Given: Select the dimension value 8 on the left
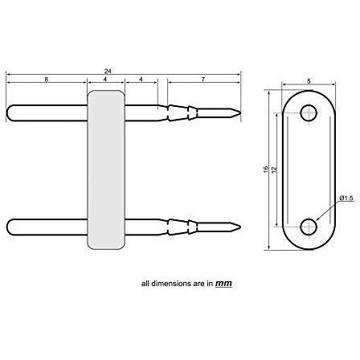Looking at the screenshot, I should click(46, 80).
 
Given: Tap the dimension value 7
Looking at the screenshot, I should click(204, 80).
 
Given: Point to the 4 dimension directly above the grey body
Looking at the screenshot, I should click(105, 80).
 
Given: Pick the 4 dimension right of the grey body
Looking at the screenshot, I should click(141, 80).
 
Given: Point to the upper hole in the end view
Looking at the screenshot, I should click(309, 113).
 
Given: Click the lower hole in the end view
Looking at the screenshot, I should click(309, 224).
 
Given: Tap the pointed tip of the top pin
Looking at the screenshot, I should click(237, 111).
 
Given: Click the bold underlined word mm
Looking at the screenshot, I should click(226, 284).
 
